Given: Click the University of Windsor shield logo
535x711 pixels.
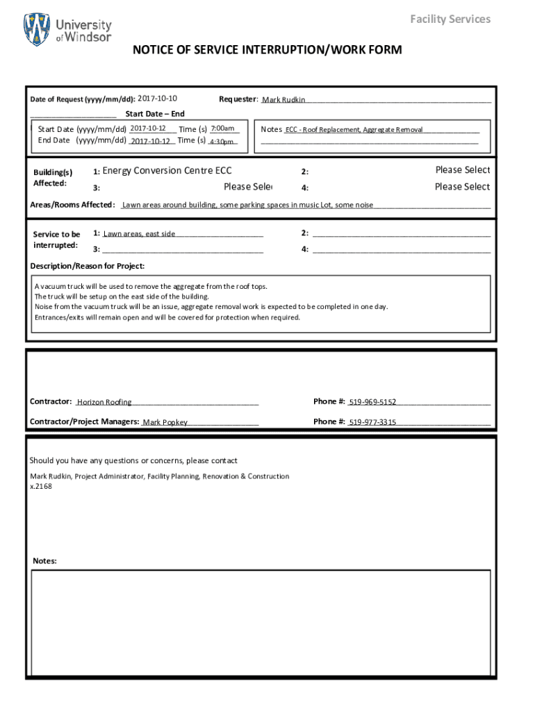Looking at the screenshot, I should [x=37, y=30].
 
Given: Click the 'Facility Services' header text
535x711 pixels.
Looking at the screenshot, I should [x=450, y=19].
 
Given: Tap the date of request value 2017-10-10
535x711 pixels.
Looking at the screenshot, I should [x=158, y=99].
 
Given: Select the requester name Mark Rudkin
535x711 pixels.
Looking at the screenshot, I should [x=283, y=100].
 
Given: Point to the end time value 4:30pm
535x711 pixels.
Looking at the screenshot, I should [x=222, y=142].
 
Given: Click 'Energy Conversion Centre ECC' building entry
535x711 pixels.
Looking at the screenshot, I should [x=167, y=171].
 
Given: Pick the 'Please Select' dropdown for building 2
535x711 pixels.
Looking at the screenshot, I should [x=462, y=170].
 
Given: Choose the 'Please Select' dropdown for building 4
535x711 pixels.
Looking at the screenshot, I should [x=462, y=187].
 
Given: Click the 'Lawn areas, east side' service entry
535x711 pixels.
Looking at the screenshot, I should [x=139, y=234].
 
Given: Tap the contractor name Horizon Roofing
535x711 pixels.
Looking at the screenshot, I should [x=104, y=402].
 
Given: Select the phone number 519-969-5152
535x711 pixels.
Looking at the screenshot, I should [x=372, y=402].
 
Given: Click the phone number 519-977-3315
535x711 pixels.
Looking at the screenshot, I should [x=372, y=422].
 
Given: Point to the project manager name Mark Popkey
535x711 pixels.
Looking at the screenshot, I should [x=165, y=422].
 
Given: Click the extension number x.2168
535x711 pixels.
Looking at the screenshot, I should [x=41, y=486].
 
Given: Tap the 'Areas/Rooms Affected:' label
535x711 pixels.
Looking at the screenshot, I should [x=72, y=205].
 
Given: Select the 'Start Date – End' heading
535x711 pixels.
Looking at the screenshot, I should [x=154, y=114].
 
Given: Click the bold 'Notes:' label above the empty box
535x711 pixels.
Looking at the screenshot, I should [x=45, y=561].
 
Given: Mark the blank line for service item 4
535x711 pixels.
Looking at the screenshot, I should [x=402, y=250].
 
